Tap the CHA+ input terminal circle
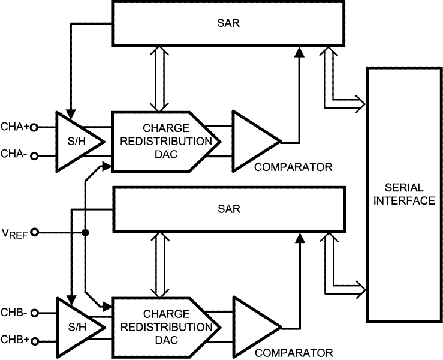34,127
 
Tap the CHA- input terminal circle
34,157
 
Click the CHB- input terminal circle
34,313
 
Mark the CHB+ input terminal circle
34,341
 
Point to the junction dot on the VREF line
86,232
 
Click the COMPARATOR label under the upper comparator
293,167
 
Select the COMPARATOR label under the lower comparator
293,353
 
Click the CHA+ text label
14,127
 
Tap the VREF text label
13,233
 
